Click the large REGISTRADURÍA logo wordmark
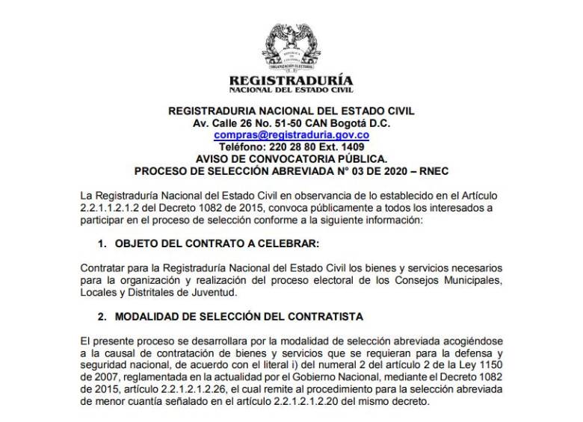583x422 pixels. tap(291, 80)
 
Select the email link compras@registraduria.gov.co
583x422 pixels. tap(291, 135)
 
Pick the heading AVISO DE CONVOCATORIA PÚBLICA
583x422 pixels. tap(291, 159)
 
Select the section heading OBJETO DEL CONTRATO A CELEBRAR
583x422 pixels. tap(217, 243)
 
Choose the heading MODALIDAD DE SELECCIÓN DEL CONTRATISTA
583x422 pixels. tap(238, 317)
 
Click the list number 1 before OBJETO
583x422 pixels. tap(101, 243)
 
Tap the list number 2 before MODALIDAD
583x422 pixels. tap(101, 317)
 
